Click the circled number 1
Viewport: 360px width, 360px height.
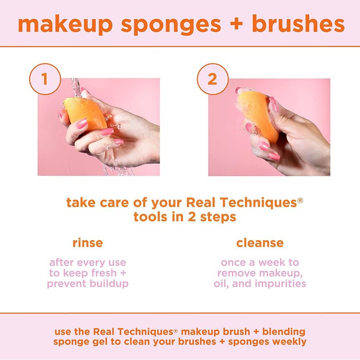click(x=45, y=79)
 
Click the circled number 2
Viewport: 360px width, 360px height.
click(x=212, y=79)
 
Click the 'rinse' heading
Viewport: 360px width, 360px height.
click(x=87, y=243)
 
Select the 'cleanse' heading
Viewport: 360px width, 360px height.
click(x=260, y=243)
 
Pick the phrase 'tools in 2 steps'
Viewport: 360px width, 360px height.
click(x=184, y=217)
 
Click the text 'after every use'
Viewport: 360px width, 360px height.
click(x=88, y=262)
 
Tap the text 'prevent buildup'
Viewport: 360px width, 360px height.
click(x=88, y=284)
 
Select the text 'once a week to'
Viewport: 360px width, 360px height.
click(x=260, y=262)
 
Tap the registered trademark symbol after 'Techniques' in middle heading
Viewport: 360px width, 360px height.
click(x=299, y=200)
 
